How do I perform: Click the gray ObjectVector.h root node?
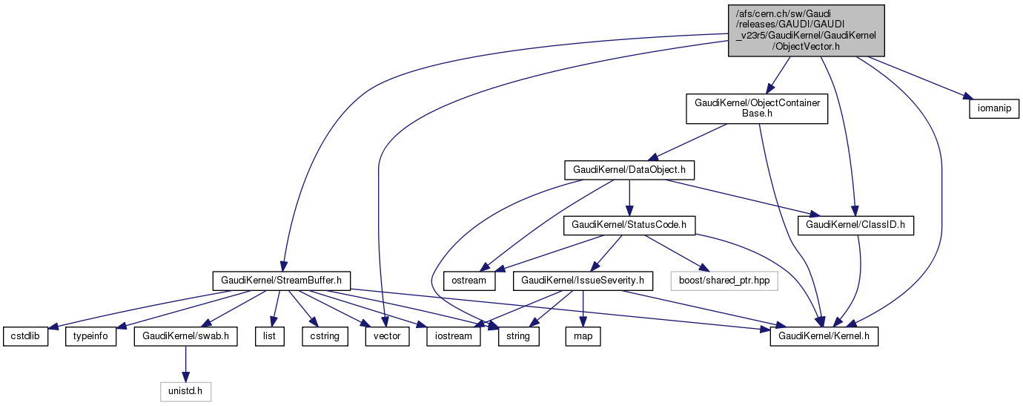tap(806, 30)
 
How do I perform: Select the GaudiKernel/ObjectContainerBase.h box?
tap(756, 108)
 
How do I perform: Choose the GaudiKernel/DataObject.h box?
tap(629, 170)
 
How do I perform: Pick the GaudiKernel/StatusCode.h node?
tap(629, 225)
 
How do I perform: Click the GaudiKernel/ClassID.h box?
tap(855, 225)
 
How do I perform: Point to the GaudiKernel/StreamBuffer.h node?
tap(281, 281)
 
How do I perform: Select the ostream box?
tap(469, 281)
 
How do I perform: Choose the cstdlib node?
tap(24, 336)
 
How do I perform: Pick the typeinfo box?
tap(91, 336)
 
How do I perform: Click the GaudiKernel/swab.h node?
tap(185, 336)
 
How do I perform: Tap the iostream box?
tap(453, 336)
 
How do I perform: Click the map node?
tap(583, 336)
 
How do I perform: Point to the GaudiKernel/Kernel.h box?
tap(824, 336)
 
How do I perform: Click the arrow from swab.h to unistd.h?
tap(185, 364)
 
